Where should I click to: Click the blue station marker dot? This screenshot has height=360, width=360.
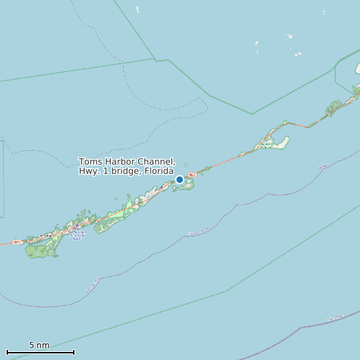coord(179,179)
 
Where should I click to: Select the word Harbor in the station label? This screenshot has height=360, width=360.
coord(120,162)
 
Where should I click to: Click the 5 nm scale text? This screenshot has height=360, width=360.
coord(39,345)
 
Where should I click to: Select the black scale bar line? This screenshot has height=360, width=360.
coord(40,352)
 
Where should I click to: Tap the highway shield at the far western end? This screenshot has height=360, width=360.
coord(16,242)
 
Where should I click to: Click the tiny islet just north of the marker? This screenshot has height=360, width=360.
coord(186,166)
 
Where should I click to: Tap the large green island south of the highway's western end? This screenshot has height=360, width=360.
coord(40,251)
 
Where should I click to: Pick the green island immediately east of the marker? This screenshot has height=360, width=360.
coord(189,183)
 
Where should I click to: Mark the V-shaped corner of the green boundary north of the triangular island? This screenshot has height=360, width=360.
coord(252,114)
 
